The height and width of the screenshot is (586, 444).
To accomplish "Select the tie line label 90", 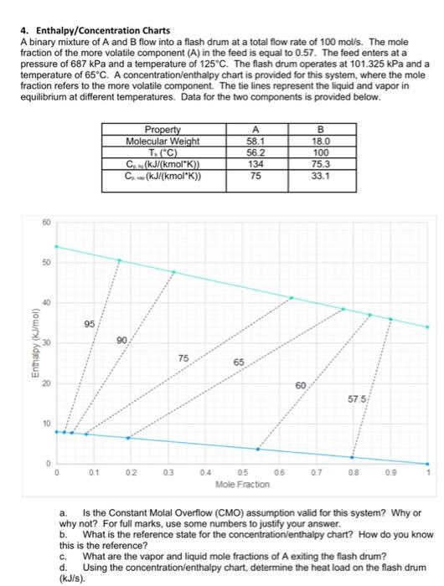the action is (x=122, y=340).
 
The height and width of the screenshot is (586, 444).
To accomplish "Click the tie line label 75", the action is (x=183, y=358).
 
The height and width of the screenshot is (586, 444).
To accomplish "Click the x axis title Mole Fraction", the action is (x=242, y=485).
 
